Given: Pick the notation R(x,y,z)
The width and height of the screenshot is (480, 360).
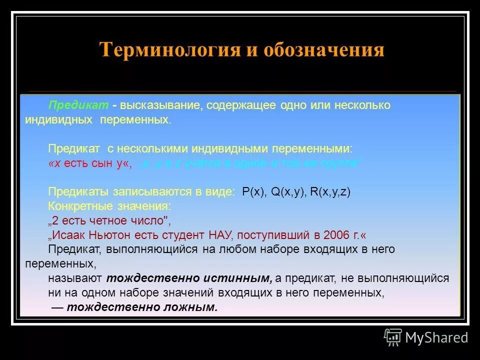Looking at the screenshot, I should click(330, 192).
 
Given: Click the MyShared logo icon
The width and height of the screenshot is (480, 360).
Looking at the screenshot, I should click(393, 337).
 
